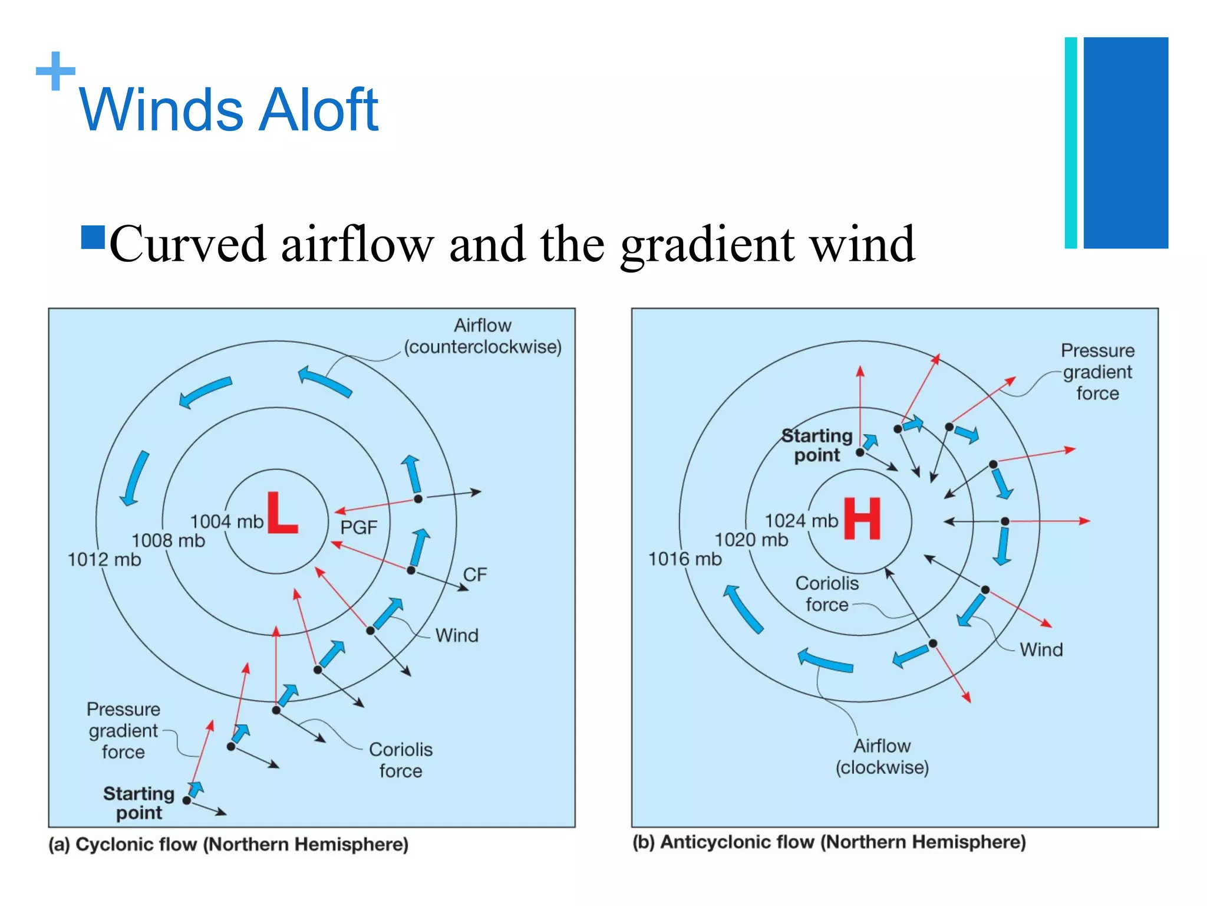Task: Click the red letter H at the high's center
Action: pyautogui.click(x=862, y=518)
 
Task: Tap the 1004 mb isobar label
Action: pyautogui.click(x=226, y=521)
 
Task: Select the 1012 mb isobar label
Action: pyautogui.click(x=104, y=559)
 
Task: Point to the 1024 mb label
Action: pyautogui.click(x=801, y=521)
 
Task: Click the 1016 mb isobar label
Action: pyautogui.click(x=685, y=559)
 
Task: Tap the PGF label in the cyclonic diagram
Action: pyautogui.click(x=358, y=527)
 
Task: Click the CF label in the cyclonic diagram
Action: pyautogui.click(x=474, y=575)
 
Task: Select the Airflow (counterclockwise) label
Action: pyautogui.click(x=483, y=336)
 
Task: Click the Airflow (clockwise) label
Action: pyautogui.click(x=882, y=757)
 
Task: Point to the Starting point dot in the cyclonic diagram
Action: pyautogui.click(x=187, y=800)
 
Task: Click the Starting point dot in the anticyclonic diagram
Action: pyautogui.click(x=860, y=452)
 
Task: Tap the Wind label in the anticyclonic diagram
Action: pyautogui.click(x=1041, y=649)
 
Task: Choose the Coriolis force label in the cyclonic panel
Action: pyautogui.click(x=401, y=760)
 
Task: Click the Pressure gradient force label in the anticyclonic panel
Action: pyautogui.click(x=1097, y=372)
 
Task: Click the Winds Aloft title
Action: pyautogui.click(x=229, y=110)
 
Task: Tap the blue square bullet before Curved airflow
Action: pyautogui.click(x=93, y=238)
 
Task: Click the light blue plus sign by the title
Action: pyautogui.click(x=55, y=71)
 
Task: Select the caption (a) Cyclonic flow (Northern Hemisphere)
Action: pyautogui.click(x=229, y=844)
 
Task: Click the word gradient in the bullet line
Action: pyautogui.click(x=707, y=244)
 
